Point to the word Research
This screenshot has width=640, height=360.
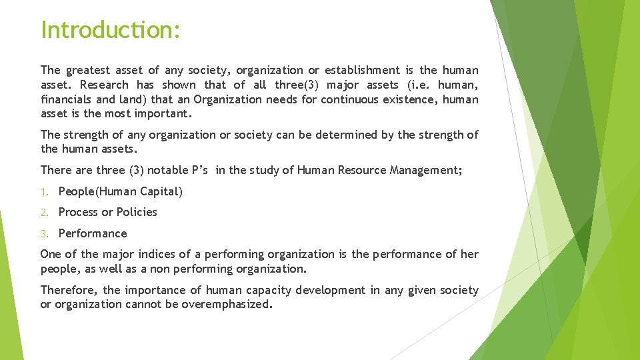point(104,85)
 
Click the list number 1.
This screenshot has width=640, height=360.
point(44,192)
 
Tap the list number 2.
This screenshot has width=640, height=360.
point(44,213)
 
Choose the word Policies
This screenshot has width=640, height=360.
point(137,212)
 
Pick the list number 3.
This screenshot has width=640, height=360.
point(44,234)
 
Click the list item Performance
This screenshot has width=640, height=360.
point(93,233)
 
